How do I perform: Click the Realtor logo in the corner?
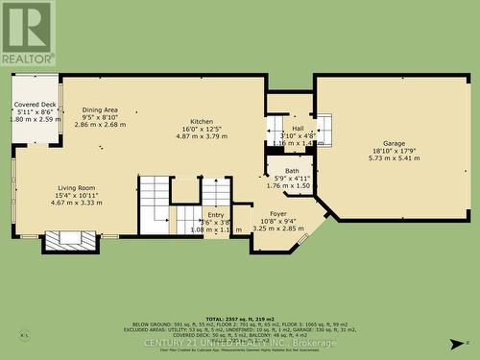click(x=27, y=33)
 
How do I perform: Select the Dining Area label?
click(x=100, y=109)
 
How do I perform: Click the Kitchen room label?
click(x=202, y=121)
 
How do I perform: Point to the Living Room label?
click(x=76, y=188)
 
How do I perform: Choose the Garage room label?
click(x=395, y=143)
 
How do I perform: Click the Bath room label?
click(x=292, y=170)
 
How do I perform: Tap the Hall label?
click(x=298, y=128)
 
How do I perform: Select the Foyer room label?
click(x=278, y=214)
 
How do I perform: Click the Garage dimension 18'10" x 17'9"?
click(x=395, y=151)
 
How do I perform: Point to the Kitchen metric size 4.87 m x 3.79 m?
click(x=202, y=136)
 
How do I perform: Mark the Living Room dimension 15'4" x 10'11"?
click(x=76, y=196)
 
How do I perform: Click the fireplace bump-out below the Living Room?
click(x=70, y=241)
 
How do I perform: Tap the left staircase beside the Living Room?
click(x=155, y=204)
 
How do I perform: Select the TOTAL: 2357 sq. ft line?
click(x=239, y=318)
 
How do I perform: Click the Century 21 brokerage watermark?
click(x=240, y=343)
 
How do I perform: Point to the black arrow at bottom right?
click(x=458, y=343)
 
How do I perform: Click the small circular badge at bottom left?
click(x=24, y=335)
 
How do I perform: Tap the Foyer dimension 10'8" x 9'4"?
click(x=278, y=222)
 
